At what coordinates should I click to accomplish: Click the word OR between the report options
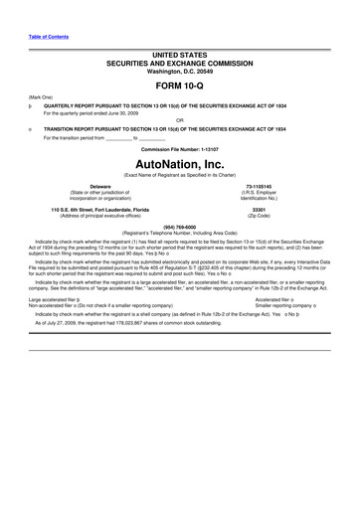(180, 120)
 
